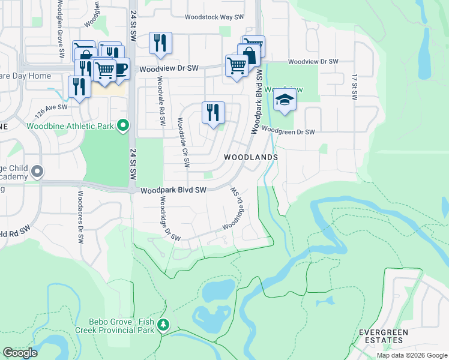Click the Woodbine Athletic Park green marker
click(124, 125)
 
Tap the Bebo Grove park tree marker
click(163, 326)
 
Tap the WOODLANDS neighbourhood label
click(251, 157)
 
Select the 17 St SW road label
click(355, 88)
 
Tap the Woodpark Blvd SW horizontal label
click(173, 190)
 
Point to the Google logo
click(20, 353)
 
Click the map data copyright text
click(411, 355)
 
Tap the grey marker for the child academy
click(37, 172)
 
